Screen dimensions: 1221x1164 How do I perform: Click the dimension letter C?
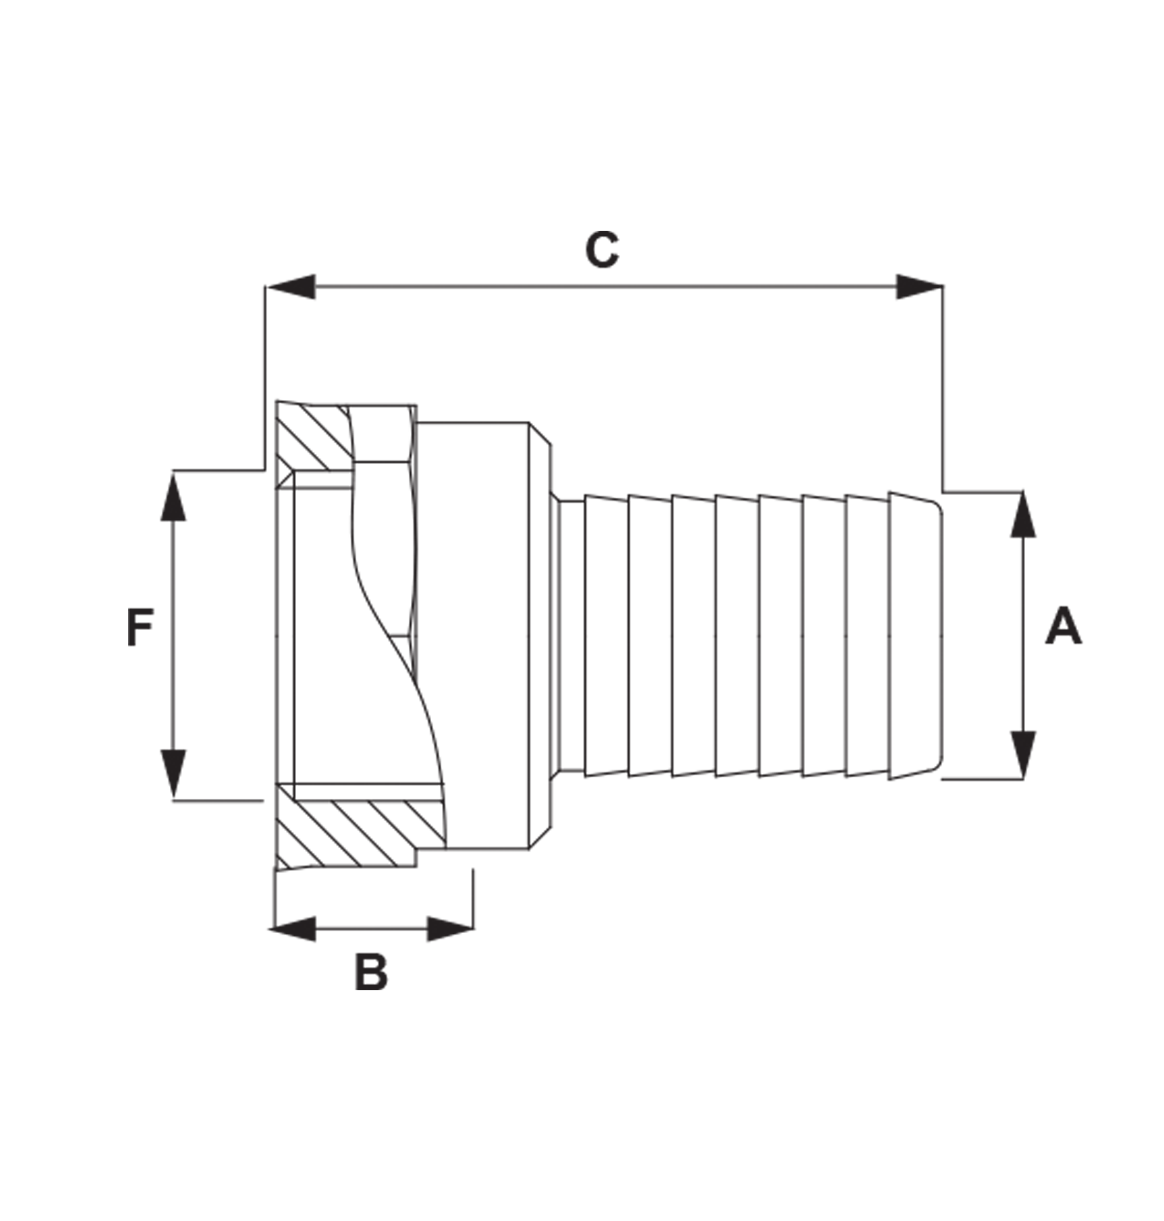click(601, 250)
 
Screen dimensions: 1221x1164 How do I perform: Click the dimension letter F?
click(139, 628)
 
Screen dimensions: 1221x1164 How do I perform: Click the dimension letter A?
click(1063, 626)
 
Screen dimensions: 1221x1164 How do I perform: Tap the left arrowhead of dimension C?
click(291, 287)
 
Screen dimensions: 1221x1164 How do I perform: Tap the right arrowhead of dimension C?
click(919, 287)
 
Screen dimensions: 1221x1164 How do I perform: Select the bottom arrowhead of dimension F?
click(173, 773)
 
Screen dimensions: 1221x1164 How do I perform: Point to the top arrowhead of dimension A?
click(1023, 515)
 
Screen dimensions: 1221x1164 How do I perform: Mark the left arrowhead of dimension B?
click(293, 929)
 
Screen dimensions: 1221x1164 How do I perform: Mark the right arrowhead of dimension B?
click(450, 929)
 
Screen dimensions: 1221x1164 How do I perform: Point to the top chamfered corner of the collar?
click(540, 435)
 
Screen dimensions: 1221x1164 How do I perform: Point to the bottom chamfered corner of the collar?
click(540, 837)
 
